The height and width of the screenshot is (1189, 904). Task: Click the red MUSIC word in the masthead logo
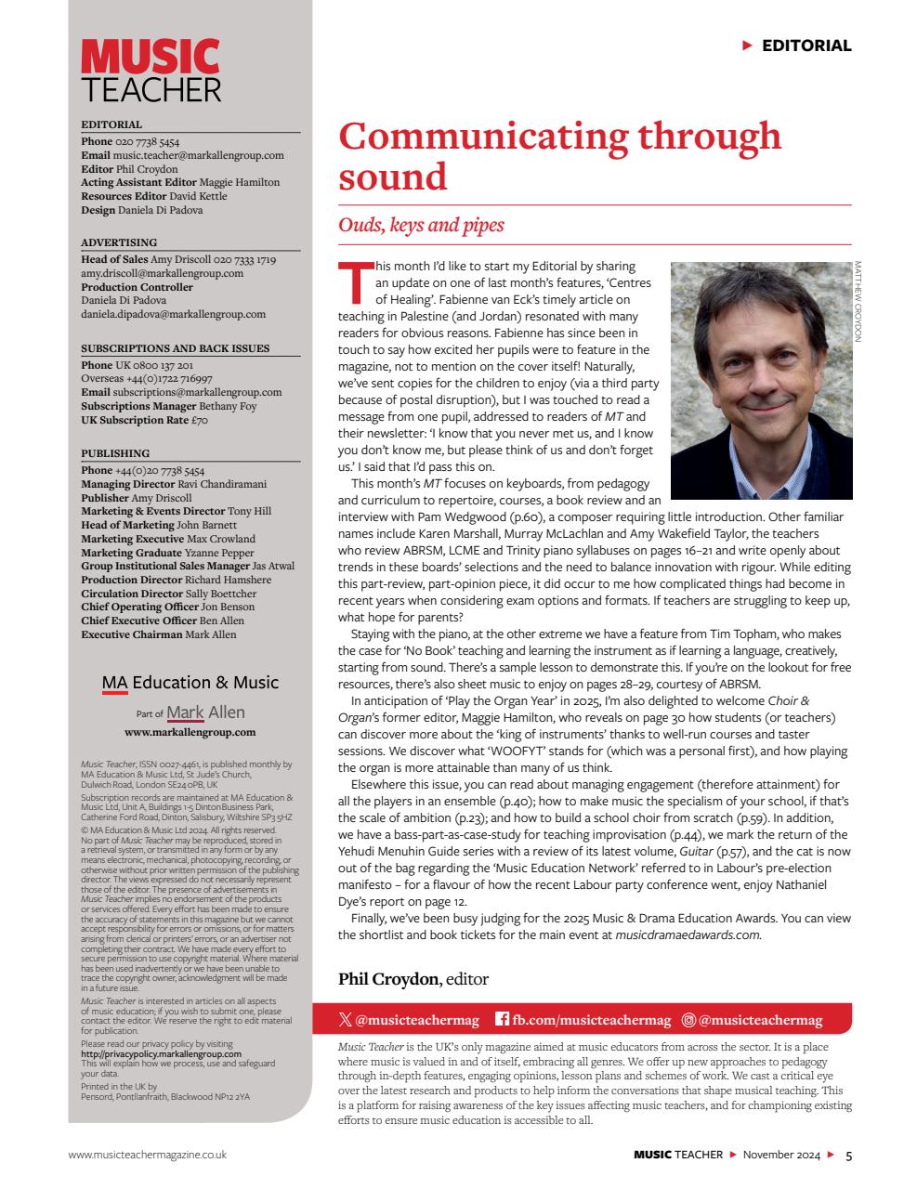[150, 58]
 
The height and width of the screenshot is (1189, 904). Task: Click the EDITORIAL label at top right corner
[806, 46]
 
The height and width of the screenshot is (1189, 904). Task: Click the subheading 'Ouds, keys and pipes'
[421, 225]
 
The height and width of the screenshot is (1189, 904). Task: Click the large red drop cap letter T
[354, 281]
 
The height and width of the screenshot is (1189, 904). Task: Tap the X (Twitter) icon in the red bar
[346, 1020]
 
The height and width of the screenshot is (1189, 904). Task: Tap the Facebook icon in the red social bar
[502, 1020]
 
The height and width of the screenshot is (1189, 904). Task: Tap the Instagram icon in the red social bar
[688, 1020]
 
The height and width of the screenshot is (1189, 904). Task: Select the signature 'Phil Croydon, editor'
[413, 979]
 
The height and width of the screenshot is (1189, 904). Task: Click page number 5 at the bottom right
[848, 1156]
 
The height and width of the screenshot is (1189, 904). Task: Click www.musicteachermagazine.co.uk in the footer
[147, 1155]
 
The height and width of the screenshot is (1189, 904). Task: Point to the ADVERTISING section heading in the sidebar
[119, 242]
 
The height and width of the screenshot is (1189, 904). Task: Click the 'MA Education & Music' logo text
[190, 683]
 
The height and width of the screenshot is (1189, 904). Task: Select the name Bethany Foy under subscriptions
[226, 406]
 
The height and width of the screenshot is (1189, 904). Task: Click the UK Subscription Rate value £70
[199, 420]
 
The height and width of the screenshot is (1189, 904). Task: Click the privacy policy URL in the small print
[161, 1054]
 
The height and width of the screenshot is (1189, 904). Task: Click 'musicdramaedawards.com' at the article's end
[688, 935]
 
